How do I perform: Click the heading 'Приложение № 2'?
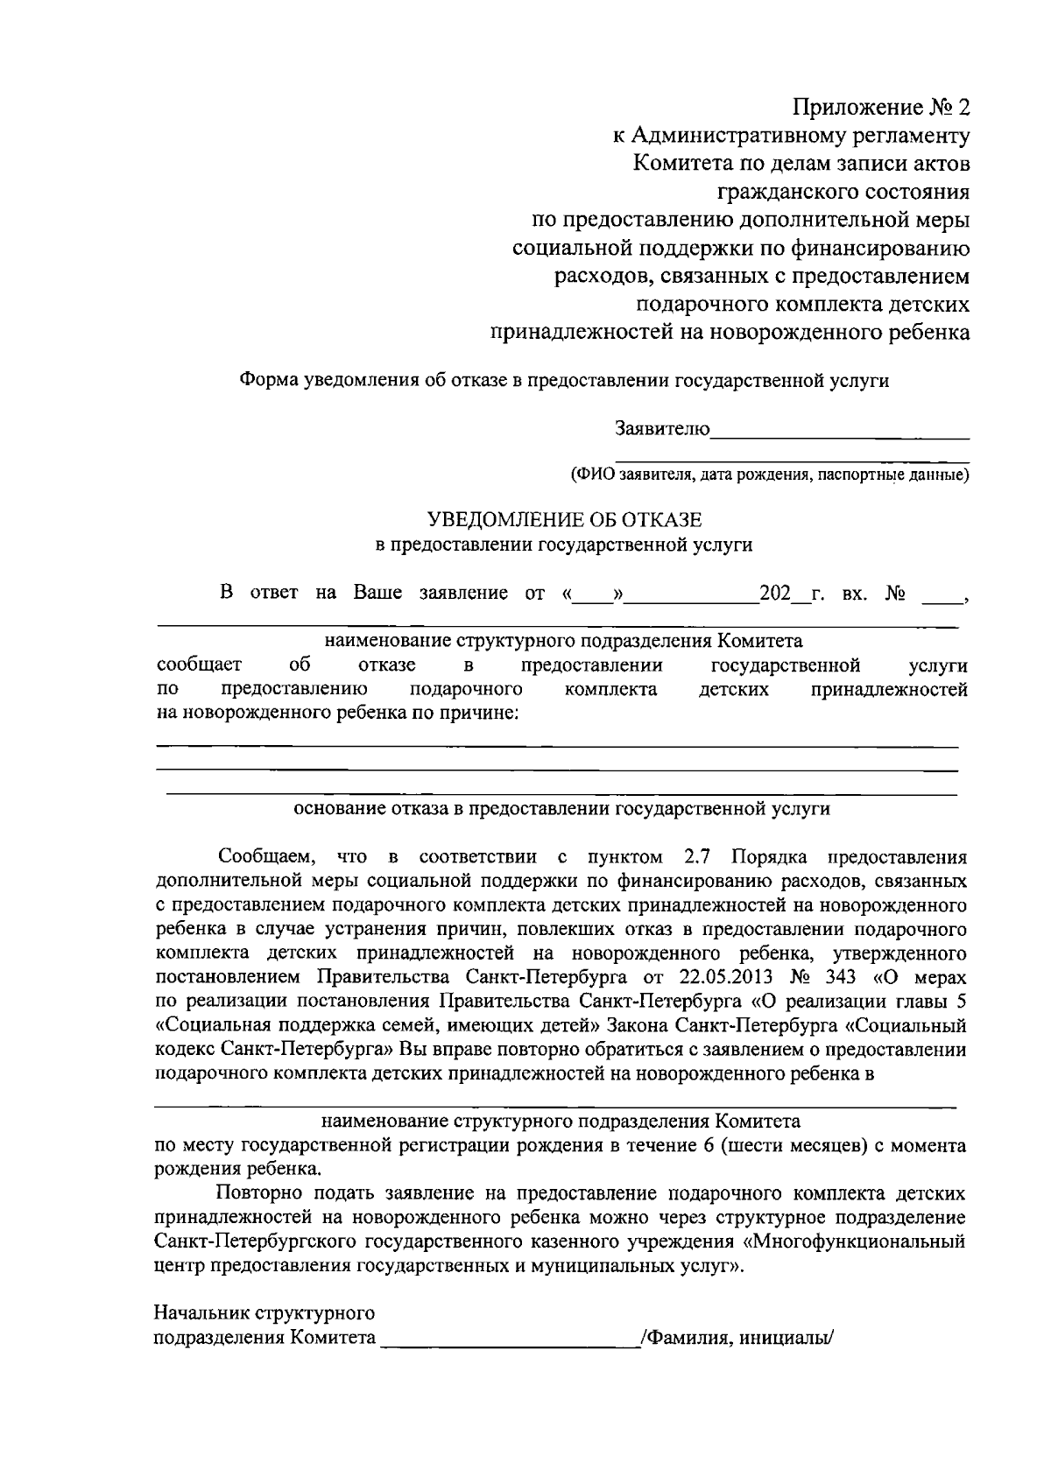click(881, 108)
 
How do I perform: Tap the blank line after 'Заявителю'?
click(840, 431)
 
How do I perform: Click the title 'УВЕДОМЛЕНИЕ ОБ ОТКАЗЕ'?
click(563, 519)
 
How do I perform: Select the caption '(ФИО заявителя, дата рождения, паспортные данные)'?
click(769, 475)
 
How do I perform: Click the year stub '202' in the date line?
click(776, 593)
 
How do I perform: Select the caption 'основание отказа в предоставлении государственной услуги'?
click(561, 809)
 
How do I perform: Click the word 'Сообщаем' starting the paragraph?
click(261, 855)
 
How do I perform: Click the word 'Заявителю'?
click(662, 429)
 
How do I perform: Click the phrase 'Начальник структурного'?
click(265, 1313)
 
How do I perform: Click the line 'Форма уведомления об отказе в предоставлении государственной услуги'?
click(564, 381)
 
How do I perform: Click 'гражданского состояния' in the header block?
click(843, 192)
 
